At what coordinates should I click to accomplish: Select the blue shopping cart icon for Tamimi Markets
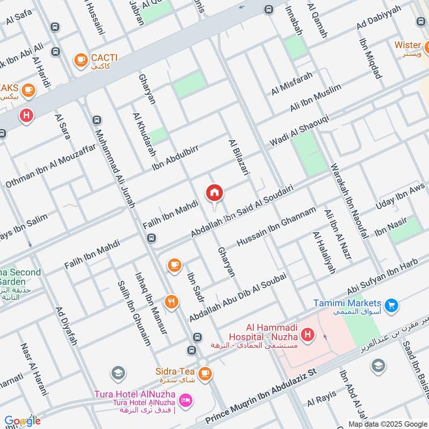(x=391, y=305)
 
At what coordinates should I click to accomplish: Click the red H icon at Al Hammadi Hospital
(x=307, y=336)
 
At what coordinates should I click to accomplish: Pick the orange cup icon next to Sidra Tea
(x=204, y=373)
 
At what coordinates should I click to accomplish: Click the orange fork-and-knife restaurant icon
(x=172, y=302)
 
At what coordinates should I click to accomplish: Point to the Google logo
(x=23, y=420)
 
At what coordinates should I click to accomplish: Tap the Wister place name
(x=408, y=45)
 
